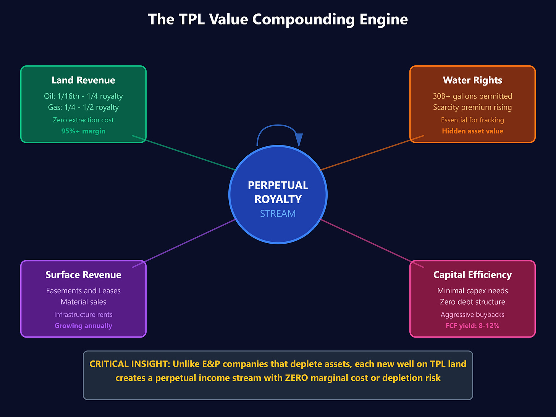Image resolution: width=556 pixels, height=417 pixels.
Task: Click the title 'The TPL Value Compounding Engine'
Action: click(x=278, y=19)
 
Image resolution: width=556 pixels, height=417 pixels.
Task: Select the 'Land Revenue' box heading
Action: click(x=83, y=80)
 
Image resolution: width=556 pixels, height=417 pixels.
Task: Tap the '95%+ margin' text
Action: click(x=83, y=131)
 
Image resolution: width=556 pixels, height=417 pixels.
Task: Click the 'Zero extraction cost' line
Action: click(x=83, y=120)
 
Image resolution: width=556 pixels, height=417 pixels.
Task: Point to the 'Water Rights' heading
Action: click(x=472, y=80)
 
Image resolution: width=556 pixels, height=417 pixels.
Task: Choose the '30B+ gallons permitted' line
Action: click(x=472, y=96)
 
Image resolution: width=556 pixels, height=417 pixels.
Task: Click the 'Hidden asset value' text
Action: click(x=472, y=131)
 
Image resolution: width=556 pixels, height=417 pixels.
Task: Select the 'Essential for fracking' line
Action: click(x=472, y=120)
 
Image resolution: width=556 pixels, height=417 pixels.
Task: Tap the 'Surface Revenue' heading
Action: click(x=83, y=275)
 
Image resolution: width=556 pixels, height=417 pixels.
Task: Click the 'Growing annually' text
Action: click(x=83, y=326)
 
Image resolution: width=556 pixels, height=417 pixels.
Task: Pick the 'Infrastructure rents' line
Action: click(x=83, y=315)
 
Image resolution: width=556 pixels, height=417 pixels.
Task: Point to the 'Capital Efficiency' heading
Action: click(x=472, y=275)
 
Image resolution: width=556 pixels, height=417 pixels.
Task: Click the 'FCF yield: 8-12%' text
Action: click(x=472, y=326)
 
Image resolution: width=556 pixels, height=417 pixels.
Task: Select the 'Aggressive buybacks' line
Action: click(x=472, y=315)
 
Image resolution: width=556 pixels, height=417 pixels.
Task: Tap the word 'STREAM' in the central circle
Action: click(x=278, y=213)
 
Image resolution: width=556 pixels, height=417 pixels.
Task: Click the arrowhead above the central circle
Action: click(x=299, y=139)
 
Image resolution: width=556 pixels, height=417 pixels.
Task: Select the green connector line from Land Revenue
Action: click(x=183, y=152)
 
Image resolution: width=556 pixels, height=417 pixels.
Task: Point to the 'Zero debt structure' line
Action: click(x=472, y=302)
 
